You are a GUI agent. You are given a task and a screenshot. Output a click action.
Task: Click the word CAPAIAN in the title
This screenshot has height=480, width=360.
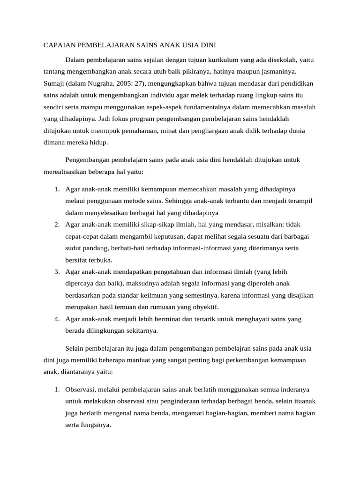57,45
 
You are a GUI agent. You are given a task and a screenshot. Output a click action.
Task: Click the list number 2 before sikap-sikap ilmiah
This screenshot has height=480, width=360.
56,224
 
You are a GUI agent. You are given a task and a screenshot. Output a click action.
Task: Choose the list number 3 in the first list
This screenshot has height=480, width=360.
56,271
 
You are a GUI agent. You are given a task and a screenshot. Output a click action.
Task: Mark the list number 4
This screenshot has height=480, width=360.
56,319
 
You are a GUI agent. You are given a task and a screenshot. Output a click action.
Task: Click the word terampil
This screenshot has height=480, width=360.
299,200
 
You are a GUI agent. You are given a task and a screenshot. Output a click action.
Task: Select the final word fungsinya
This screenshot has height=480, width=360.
96,426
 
